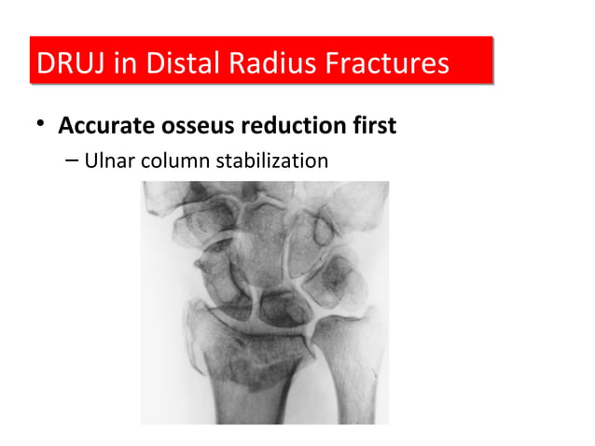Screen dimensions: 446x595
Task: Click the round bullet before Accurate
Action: [x=40, y=125]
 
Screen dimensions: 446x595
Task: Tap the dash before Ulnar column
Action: [x=73, y=162]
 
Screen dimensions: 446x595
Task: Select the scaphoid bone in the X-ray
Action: [x=219, y=280]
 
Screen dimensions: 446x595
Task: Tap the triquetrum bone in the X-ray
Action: [x=331, y=280]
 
